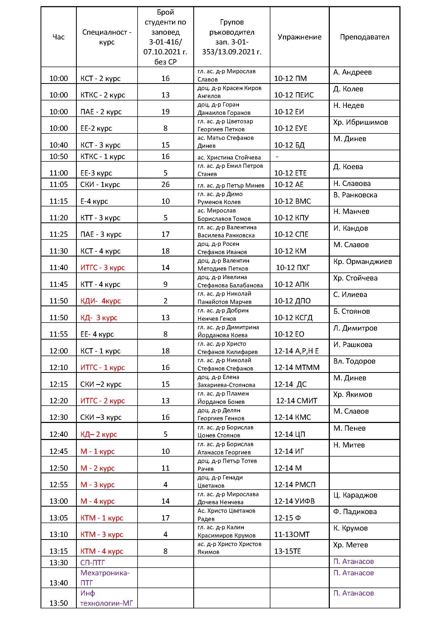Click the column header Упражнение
point(299,37)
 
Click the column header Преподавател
point(364,37)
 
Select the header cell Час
point(58,37)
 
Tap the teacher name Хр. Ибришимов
point(360,122)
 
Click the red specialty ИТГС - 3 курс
point(102,267)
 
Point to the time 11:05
point(58,185)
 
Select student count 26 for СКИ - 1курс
point(165,185)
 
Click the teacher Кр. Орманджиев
point(363,262)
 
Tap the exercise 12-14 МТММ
point(296,367)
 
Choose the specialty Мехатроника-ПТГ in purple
point(105,577)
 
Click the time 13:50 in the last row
point(58,603)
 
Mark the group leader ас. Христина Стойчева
point(229,157)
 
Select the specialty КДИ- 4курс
point(101,301)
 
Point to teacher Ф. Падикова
point(355,512)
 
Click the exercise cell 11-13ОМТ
point(292,534)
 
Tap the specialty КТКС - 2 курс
point(102,95)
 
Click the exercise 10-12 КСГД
point(293,317)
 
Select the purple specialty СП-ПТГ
point(92,563)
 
